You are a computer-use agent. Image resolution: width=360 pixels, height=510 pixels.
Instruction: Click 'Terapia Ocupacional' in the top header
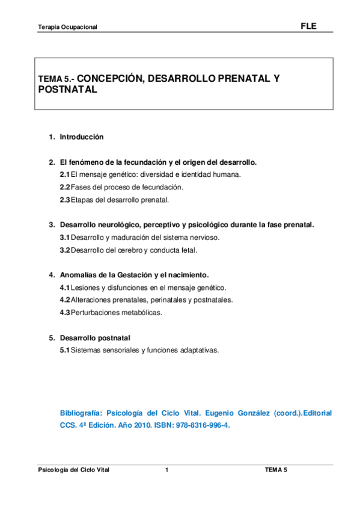[x=67, y=28]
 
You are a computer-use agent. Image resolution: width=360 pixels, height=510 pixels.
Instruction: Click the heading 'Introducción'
[x=81, y=137]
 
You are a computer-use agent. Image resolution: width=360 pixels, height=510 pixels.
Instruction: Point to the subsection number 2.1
[x=64, y=174]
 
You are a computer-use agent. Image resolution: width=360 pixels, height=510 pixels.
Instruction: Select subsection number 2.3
[x=64, y=199]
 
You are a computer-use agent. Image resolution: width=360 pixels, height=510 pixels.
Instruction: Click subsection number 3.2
[x=64, y=250]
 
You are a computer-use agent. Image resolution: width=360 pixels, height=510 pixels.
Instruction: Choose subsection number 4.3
[x=64, y=312]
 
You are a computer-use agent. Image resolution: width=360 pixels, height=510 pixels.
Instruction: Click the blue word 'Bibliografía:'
[x=81, y=414]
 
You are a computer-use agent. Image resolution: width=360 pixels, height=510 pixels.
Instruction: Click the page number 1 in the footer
[x=166, y=470]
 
